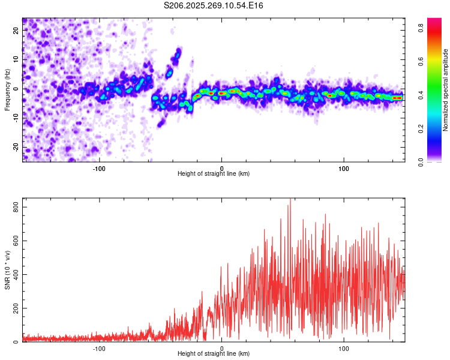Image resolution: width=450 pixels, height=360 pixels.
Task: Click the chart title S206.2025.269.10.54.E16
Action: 214,5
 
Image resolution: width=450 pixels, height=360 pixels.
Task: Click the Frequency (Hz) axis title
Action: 7,90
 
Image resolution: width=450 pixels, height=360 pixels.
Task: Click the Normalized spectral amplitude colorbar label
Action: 446,90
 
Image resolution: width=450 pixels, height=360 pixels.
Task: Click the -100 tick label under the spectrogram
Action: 99,167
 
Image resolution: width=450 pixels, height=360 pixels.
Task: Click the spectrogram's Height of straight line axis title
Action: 214,174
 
